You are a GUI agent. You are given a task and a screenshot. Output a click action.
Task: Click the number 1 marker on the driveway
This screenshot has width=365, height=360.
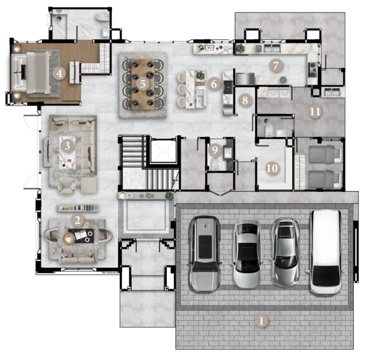click(x=261, y=321)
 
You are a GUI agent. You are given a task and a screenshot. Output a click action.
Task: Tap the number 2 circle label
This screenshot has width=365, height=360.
click(x=77, y=220)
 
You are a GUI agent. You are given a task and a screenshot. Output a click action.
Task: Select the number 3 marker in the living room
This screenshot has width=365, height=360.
click(x=67, y=146)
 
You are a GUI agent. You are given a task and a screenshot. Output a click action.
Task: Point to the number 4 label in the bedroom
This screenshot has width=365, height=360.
click(x=59, y=73)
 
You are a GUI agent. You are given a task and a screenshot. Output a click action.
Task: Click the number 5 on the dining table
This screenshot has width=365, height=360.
click(x=143, y=84)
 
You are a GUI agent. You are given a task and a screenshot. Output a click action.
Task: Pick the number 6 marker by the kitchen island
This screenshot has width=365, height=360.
click(x=214, y=84)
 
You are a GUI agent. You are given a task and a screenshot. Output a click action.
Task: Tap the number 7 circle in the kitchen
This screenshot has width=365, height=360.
click(x=276, y=66)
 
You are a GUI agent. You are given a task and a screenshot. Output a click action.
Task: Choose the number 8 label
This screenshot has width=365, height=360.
click(x=245, y=100)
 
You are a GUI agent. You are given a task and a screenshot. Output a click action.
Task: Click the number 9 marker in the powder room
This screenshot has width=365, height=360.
click(x=215, y=149)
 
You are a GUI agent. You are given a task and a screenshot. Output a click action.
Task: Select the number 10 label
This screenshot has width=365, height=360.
click(x=272, y=168)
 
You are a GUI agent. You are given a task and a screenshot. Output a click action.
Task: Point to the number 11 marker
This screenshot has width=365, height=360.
click(x=315, y=111)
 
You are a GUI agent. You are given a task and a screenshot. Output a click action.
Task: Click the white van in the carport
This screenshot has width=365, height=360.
click(x=326, y=252)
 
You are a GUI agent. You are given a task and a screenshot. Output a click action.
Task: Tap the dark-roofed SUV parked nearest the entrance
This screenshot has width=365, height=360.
click(x=204, y=253)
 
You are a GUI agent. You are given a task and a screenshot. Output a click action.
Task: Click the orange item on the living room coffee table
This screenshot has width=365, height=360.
click(x=69, y=161)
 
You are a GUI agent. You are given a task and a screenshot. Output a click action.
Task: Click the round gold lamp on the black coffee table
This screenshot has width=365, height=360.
click(x=69, y=238)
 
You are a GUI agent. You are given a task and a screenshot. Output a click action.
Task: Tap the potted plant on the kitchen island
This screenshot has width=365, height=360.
click(x=200, y=75)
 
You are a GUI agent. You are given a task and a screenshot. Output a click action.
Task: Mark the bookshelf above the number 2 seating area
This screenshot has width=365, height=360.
click(x=78, y=208)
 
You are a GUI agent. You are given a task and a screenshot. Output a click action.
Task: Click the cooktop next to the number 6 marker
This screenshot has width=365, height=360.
click(x=228, y=87)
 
